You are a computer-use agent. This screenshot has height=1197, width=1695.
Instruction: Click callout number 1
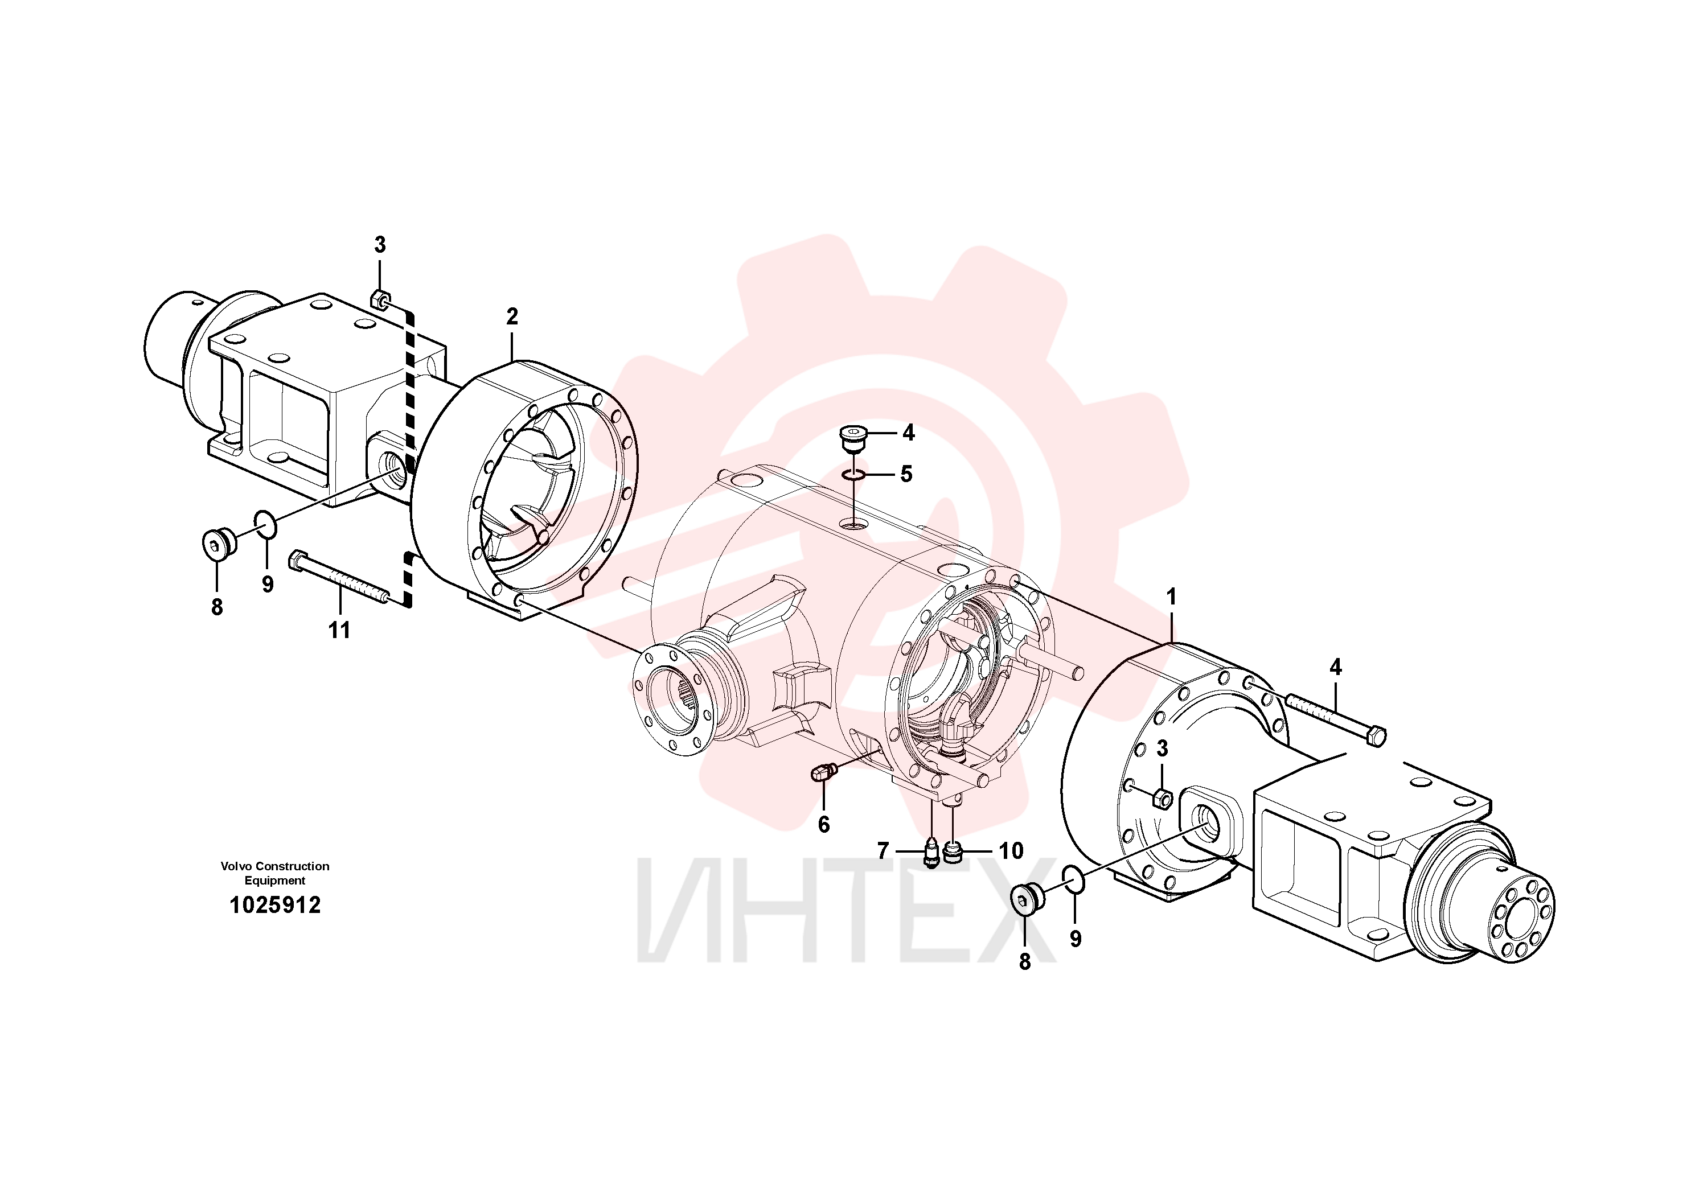(1170, 597)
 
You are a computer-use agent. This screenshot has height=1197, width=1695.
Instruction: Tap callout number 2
(512, 316)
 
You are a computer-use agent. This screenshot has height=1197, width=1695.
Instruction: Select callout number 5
(906, 474)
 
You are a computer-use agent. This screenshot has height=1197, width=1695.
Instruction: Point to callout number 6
(824, 824)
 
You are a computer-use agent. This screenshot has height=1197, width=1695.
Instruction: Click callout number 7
(883, 851)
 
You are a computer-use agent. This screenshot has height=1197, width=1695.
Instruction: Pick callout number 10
(1011, 851)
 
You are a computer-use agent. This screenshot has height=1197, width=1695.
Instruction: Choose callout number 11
(339, 630)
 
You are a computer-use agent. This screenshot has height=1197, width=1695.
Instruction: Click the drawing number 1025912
(276, 906)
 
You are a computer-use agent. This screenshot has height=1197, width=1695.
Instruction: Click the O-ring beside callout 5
(856, 475)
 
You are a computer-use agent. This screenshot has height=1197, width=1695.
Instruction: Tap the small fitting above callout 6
(822, 772)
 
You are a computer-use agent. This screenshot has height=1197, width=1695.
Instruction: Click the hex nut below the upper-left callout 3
(378, 299)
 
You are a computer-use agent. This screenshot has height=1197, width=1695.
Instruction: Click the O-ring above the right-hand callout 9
(1074, 881)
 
